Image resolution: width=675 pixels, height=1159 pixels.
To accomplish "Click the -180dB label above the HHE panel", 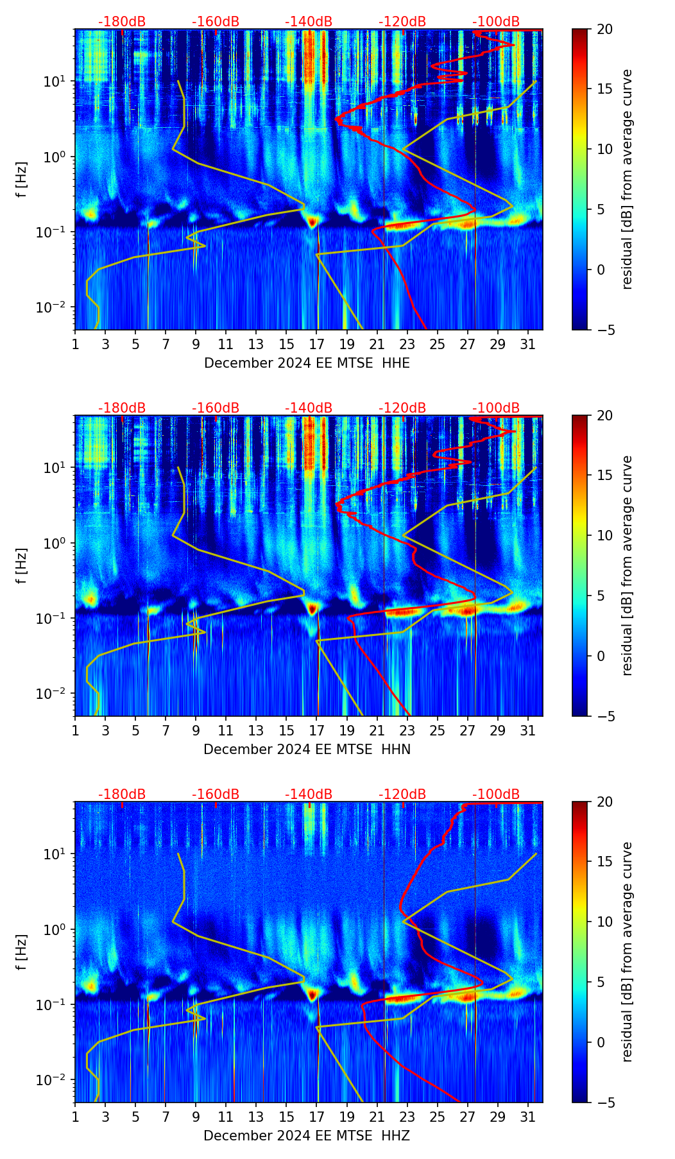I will [122, 22].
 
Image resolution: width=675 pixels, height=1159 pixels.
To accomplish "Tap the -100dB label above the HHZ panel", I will [496, 794].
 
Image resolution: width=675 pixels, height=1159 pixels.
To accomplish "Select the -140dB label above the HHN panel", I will [309, 408].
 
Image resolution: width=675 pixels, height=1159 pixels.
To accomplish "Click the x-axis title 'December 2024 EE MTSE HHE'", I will [307, 363].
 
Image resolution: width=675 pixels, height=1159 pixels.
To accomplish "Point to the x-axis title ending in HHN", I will [307, 750].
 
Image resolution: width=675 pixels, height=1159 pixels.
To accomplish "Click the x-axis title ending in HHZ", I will [307, 1136].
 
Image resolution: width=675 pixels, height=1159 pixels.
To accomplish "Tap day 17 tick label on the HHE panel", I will [317, 345].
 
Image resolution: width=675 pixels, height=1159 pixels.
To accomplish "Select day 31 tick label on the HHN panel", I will [528, 731].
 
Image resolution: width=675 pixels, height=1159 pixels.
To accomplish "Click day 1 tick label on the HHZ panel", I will [76, 1117].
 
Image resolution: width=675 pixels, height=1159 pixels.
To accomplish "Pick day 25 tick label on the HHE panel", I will [438, 345].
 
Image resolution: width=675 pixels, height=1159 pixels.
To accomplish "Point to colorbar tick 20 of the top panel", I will [604, 29].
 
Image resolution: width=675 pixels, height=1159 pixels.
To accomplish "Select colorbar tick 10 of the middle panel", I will [604, 536].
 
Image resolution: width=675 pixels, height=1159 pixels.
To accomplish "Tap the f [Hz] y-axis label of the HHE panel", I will [22, 179].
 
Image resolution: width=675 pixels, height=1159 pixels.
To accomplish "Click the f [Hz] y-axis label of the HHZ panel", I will [22, 952].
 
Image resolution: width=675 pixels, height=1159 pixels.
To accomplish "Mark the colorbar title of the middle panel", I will [628, 565].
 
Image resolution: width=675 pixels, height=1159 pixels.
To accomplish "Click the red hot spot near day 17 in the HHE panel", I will [312, 222].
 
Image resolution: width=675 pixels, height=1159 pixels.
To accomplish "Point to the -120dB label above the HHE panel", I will [402, 22].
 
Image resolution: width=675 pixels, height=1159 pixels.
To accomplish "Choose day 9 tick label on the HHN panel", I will [196, 731].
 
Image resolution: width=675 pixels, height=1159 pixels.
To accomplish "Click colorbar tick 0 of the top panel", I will [601, 270].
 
